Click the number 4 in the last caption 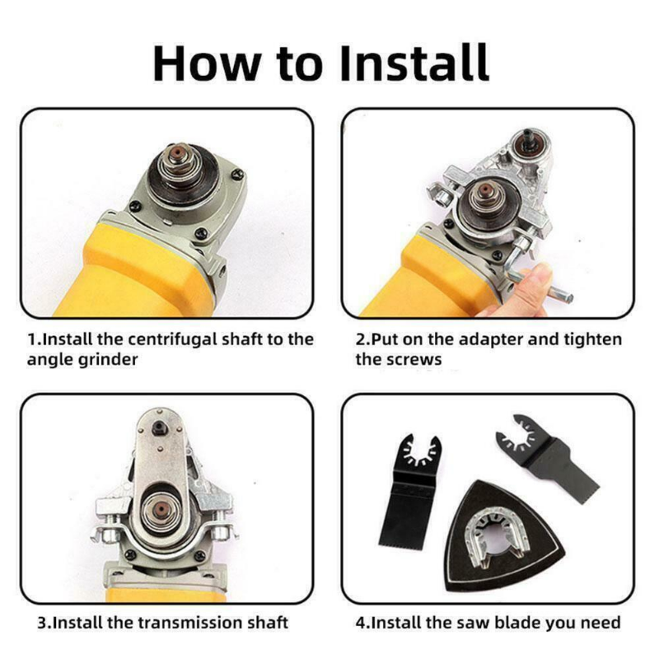[x=361, y=623]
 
